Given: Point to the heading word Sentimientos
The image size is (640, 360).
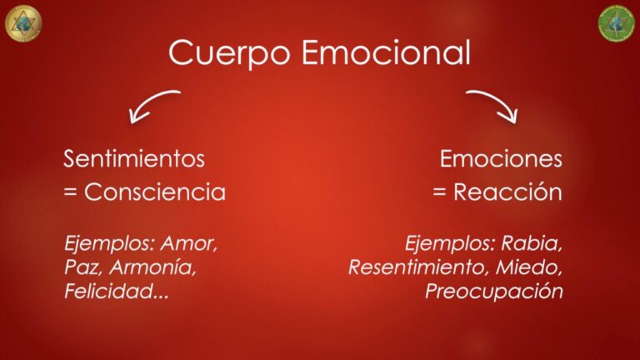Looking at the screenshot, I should tap(133, 158).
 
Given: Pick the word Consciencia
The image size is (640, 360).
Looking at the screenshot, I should tap(155, 192).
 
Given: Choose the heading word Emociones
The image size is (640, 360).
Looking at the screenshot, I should tap(501, 158).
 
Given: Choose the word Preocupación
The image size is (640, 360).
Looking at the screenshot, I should tap(493, 292).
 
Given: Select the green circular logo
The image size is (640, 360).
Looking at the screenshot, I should tap(617, 22).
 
